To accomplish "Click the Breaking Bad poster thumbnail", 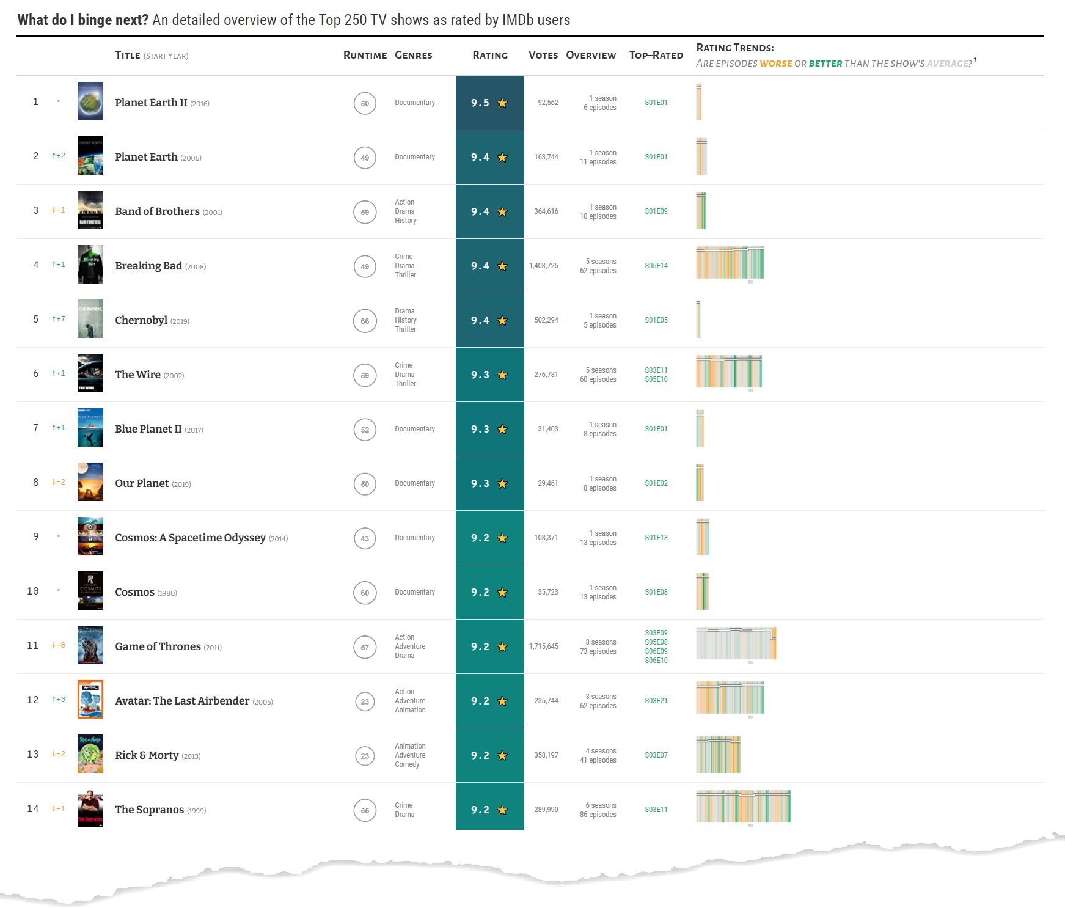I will (90, 265).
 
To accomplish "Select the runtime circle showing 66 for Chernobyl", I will (365, 321).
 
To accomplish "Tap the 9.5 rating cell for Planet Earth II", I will (489, 103).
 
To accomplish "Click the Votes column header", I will (543, 55).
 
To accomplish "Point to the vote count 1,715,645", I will (543, 646).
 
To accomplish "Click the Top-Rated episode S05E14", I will (656, 266).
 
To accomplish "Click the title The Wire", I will (137, 375).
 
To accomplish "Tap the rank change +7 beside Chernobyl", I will (59, 319).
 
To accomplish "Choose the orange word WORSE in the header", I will (775, 64).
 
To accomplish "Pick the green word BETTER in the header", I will (825, 64).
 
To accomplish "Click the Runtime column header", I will (365, 55).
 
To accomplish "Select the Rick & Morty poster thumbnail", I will (90, 754).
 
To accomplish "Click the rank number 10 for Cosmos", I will (33, 591).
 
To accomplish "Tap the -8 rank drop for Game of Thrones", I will (59, 645).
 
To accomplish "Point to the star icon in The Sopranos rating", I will (502, 810).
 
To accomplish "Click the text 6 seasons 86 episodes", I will (598, 810).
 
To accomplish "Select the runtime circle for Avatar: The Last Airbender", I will (365, 701).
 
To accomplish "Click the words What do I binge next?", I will (82, 20).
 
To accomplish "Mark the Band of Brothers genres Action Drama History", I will (406, 211).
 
